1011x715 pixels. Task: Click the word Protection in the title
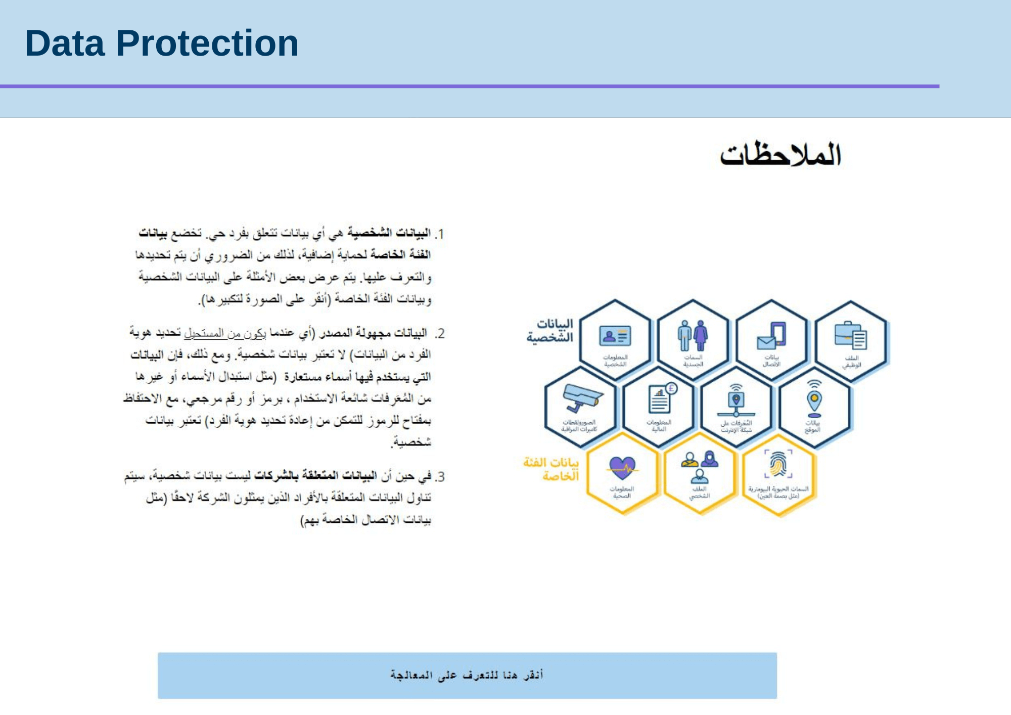[x=207, y=43]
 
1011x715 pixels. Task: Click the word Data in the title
[x=65, y=43]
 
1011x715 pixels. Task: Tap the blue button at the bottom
[x=467, y=676]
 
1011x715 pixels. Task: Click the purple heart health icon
[x=622, y=467]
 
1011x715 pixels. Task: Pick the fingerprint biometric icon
[x=778, y=463]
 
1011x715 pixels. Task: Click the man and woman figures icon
[x=693, y=335]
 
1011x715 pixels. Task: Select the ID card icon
[x=615, y=335]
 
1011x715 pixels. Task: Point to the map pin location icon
[x=814, y=399]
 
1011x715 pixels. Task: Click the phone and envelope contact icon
[x=771, y=335]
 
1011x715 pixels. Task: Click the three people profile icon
[x=700, y=466]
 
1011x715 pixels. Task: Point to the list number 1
[x=440, y=234]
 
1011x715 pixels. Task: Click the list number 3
[x=440, y=477]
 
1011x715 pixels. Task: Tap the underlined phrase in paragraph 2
[x=224, y=333]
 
